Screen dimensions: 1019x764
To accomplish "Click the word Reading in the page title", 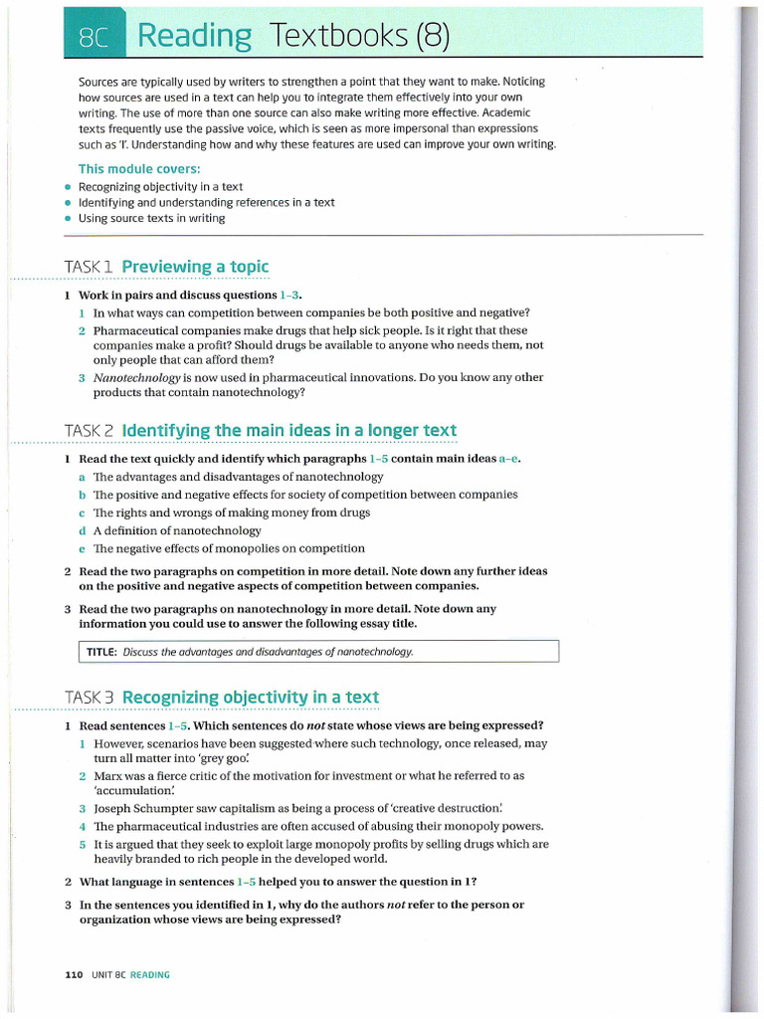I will click(x=194, y=36).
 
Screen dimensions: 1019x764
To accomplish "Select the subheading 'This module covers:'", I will click(x=139, y=168).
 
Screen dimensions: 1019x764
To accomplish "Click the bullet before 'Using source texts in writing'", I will click(x=67, y=219).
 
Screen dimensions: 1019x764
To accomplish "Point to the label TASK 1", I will click(x=90, y=267).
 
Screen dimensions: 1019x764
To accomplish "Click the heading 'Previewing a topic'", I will click(x=195, y=267).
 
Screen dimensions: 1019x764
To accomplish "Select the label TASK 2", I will click(x=91, y=430).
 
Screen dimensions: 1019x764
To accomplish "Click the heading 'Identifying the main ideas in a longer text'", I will click(x=288, y=430).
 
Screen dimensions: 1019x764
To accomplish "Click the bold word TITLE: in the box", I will click(x=101, y=652).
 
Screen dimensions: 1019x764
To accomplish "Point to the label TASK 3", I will click(x=91, y=697).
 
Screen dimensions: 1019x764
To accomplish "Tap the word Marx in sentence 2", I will click(x=108, y=775).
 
